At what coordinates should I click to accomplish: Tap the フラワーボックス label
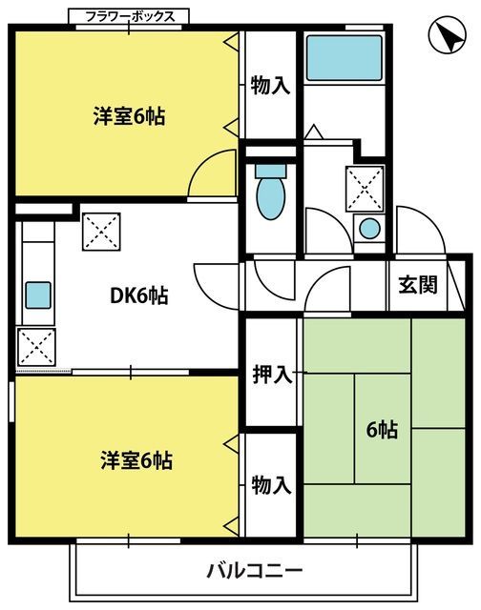coord(129,17)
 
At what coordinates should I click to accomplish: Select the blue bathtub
coord(344,58)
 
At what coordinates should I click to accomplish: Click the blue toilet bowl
coord(271,192)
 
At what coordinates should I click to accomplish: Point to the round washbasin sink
coord(369,229)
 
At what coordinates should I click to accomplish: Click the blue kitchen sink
coord(38,295)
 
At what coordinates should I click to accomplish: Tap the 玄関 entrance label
coord(418,285)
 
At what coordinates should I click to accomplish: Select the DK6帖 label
coord(139,296)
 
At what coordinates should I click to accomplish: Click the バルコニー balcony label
coord(254,572)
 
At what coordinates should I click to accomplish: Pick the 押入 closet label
coord(272,375)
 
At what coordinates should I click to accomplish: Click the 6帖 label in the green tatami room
coord(382,430)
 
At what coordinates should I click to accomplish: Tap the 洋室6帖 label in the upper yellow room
coord(129,116)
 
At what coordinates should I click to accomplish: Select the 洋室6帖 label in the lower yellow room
coord(136,460)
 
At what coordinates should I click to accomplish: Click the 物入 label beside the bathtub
coord(271,85)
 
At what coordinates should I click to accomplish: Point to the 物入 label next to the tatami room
coord(271,485)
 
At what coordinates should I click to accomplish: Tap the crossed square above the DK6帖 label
coord(101,232)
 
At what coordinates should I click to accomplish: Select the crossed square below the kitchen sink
coord(36,347)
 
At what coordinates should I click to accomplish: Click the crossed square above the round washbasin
coord(365,189)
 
